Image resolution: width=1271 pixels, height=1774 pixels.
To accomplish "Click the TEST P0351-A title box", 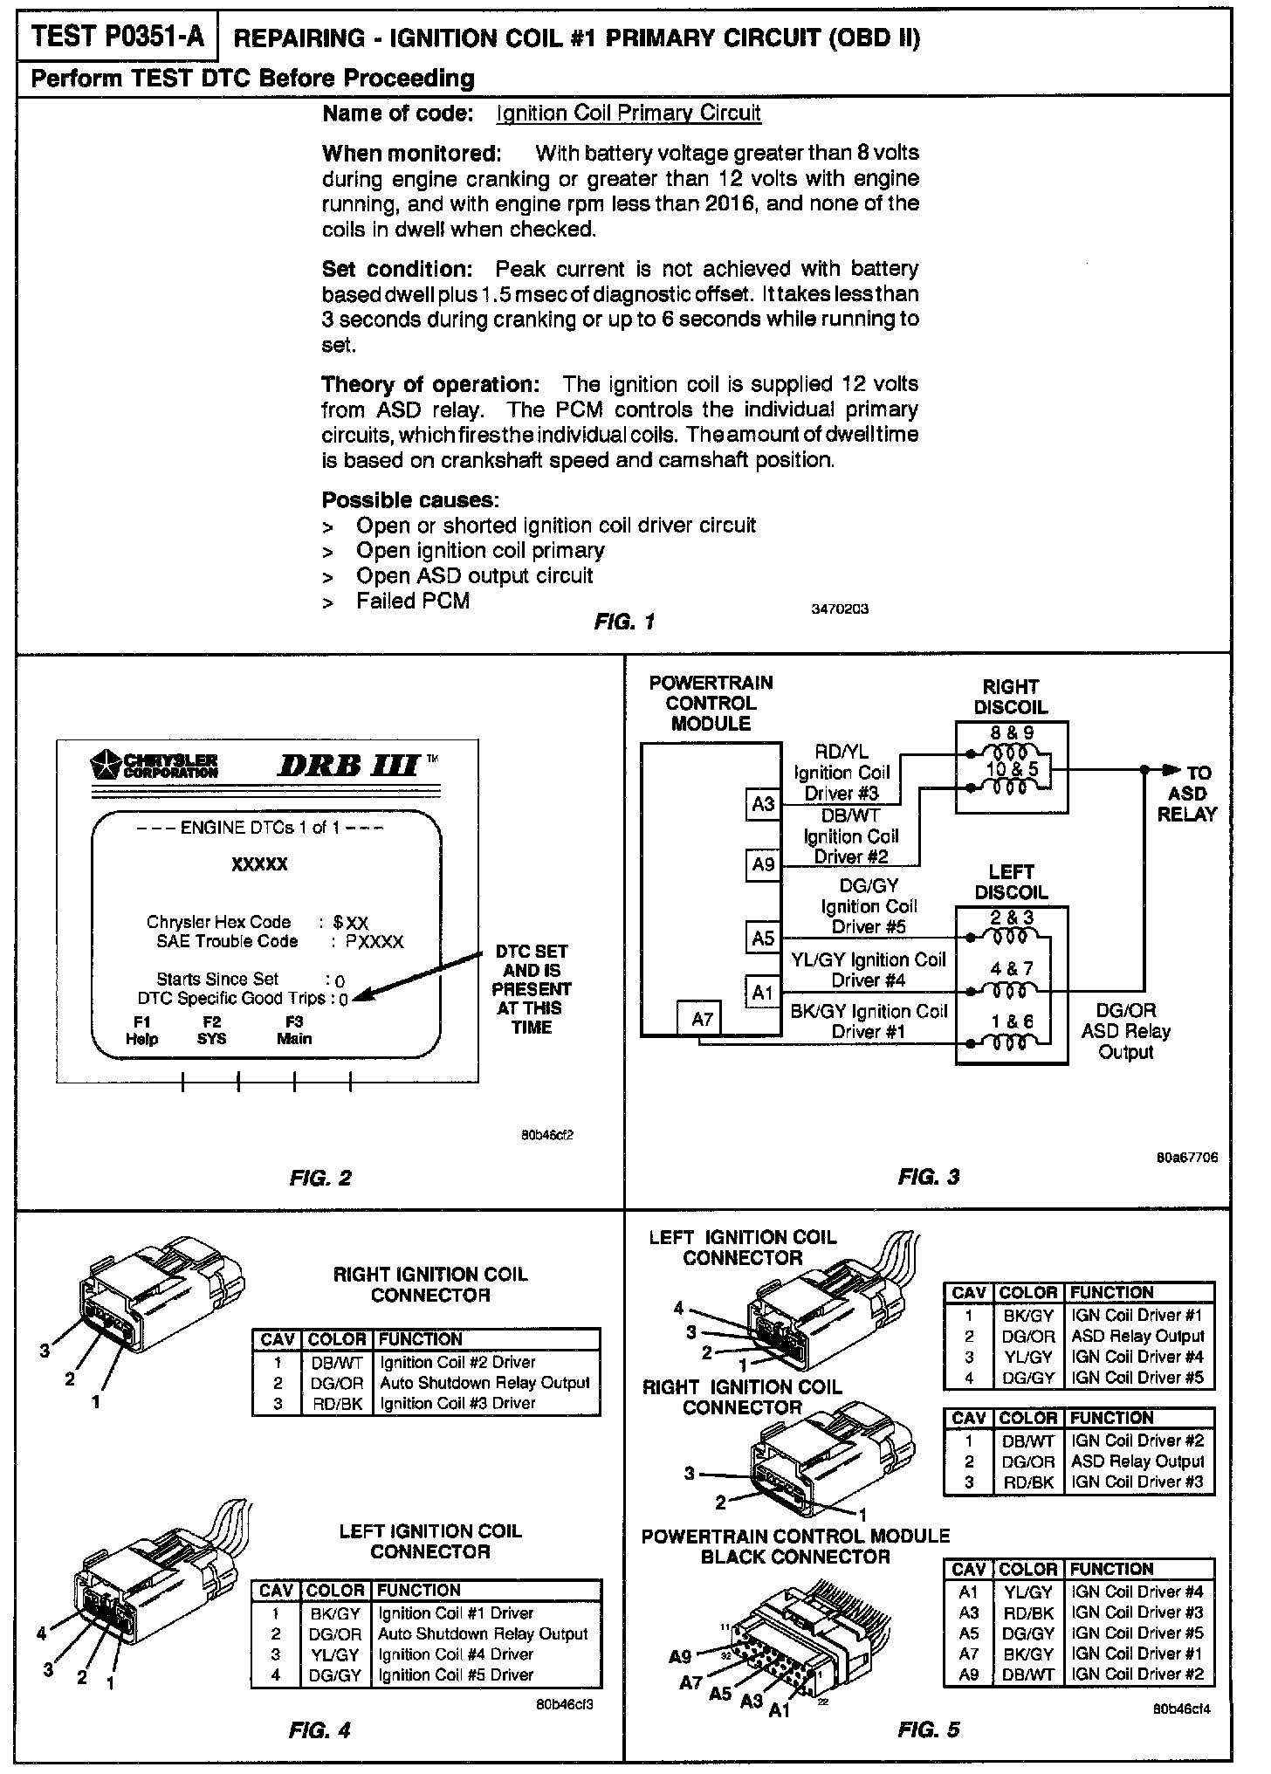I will [x=118, y=37].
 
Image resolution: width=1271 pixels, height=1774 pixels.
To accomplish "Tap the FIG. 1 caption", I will [x=624, y=622].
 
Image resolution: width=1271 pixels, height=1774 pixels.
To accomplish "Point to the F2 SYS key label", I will [x=211, y=1030].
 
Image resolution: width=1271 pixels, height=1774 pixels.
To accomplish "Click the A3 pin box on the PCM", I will [x=763, y=803].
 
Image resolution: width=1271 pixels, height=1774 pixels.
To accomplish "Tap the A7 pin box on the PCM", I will [x=702, y=1019].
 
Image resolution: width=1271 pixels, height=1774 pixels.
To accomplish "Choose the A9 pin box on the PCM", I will [x=763, y=864].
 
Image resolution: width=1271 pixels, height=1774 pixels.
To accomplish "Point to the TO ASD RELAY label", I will [x=1187, y=794].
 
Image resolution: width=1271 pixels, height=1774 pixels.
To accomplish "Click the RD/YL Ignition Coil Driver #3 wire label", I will [x=842, y=773].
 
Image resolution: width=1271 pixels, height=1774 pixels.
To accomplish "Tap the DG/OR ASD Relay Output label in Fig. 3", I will [x=1126, y=1031].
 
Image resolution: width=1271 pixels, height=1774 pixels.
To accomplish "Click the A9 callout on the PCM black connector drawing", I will [x=680, y=1655].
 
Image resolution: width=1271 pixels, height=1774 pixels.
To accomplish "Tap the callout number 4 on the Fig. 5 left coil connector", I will [x=678, y=1308].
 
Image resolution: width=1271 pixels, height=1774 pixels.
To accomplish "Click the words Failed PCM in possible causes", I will [x=412, y=601].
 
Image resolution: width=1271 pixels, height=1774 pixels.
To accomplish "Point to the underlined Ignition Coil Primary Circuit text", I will [x=629, y=113].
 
